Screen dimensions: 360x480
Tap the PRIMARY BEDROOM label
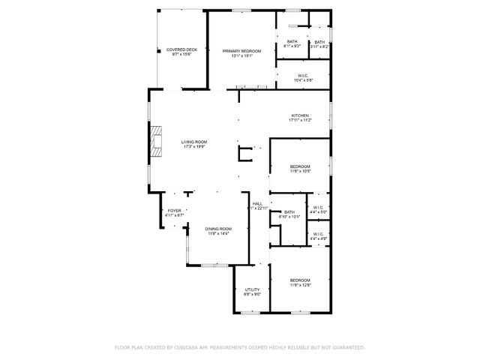pos(241,50)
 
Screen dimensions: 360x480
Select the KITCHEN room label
pos(300,115)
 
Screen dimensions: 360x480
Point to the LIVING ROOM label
pos(194,142)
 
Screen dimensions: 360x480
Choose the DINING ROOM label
pos(219,229)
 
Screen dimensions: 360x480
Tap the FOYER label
pos(174,211)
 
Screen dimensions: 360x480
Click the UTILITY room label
pos(252,289)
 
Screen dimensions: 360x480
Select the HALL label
pos(257,203)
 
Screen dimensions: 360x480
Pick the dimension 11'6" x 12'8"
pos(300,285)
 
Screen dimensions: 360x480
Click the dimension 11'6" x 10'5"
pos(300,171)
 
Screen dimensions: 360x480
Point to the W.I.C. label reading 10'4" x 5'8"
pos(303,79)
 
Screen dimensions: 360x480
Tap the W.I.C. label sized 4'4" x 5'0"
pos(318,212)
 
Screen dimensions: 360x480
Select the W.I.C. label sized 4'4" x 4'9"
pos(318,238)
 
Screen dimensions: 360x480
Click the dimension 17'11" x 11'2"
pos(300,120)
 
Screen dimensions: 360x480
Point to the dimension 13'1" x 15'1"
pos(241,55)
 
